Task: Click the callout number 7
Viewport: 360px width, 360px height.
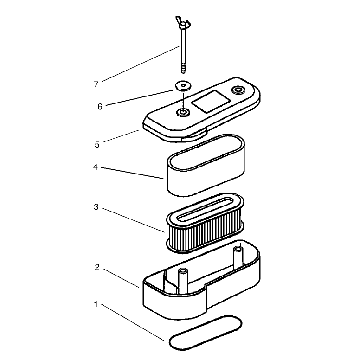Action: [96, 84]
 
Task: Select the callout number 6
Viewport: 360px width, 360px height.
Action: [100, 107]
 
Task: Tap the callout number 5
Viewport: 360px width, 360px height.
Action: [97, 145]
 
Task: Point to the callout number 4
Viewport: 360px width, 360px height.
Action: [96, 167]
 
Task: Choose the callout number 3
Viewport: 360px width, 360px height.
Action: [96, 207]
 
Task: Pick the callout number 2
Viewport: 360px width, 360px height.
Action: [97, 267]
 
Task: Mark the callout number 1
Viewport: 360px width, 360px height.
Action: [96, 304]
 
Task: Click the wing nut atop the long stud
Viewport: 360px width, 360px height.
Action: [183, 22]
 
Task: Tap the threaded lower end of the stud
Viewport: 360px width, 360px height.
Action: [183, 69]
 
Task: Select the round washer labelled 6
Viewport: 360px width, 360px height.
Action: [183, 86]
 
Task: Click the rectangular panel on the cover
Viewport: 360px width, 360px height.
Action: [211, 101]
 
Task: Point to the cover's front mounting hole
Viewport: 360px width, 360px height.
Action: [183, 112]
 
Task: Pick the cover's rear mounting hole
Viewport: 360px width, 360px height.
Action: [239, 90]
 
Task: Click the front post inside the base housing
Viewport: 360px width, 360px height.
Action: [183, 281]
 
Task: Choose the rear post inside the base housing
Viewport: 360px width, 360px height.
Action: [238, 257]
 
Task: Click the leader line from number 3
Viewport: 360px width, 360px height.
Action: [134, 220]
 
